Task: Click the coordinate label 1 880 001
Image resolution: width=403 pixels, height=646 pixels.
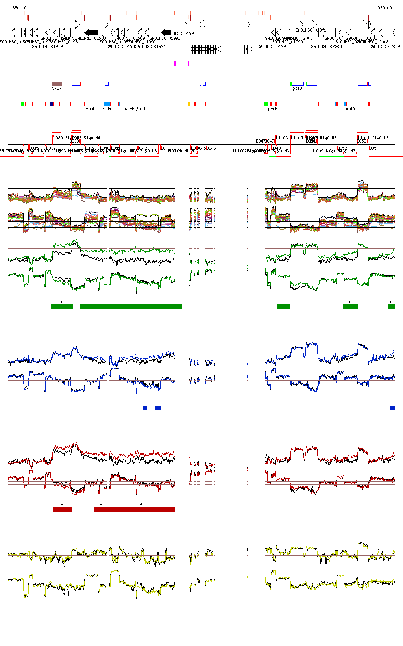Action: coord(18,8)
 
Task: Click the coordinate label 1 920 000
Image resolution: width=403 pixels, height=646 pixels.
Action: coord(383,8)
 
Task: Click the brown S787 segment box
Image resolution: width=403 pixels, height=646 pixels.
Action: coord(57,84)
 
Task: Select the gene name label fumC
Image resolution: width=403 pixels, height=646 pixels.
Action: coord(91,108)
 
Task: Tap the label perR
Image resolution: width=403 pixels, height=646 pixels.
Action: coord(273,108)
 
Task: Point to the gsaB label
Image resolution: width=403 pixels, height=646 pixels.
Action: coord(297,88)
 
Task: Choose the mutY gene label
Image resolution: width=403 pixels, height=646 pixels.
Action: coord(351,108)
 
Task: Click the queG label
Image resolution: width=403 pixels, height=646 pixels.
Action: coord(129,108)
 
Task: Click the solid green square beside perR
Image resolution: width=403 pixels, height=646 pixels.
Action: coord(266,104)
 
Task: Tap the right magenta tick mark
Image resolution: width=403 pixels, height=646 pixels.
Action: coord(189,63)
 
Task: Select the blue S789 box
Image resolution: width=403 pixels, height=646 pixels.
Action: coord(107,104)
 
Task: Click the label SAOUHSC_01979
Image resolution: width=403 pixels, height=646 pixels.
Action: coord(47,46)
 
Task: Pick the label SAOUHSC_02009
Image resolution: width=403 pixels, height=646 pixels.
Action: coord(385,46)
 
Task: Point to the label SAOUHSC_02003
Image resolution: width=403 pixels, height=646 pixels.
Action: coord(326,46)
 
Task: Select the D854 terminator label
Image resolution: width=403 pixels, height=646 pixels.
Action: coord(374,148)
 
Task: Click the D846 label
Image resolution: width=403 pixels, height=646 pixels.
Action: coord(211,148)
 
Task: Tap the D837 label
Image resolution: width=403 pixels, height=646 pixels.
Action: coord(51,148)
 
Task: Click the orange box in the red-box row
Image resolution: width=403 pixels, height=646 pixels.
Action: coord(189,104)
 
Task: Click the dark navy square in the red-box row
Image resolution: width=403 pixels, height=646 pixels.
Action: coord(52,104)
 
